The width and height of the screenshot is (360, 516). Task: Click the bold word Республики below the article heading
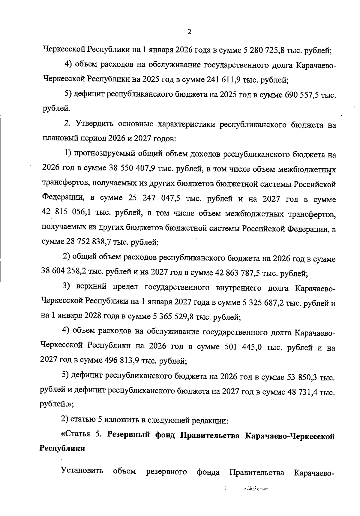(62, 449)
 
